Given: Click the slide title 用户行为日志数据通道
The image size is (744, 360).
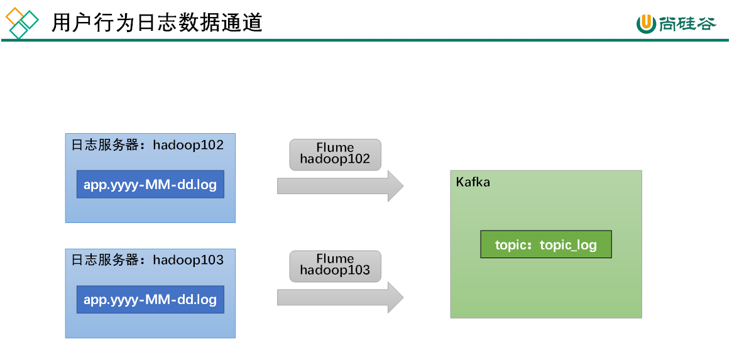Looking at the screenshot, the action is coord(156,22).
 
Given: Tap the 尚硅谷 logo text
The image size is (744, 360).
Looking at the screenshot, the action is coord(687,23).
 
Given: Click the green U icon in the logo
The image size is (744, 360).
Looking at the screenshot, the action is coord(646,24).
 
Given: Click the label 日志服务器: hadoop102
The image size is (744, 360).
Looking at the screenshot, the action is coord(147,145).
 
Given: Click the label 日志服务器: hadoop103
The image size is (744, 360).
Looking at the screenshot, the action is coord(147,260).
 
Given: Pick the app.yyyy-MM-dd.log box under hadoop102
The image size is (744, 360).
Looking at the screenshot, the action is coord(150,184).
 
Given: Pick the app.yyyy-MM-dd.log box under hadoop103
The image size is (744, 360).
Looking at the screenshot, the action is coord(150,299).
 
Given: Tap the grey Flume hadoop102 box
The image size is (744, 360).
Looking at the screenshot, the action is coord(335,155).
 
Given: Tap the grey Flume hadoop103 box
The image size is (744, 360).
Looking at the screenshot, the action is coord(335,266).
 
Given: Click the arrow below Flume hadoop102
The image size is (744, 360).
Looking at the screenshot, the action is coord(340,186).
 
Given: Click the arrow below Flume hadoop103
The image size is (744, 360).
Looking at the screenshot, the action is coord(340,297).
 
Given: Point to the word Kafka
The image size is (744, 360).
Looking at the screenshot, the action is coord(473,182).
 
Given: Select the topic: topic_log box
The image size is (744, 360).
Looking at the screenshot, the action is coord(545,244).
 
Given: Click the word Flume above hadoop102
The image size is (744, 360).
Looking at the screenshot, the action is coord(335,148).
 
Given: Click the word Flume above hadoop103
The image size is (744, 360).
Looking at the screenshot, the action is coord(335,259).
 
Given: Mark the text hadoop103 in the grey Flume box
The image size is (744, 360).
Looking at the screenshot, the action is coord(335,271).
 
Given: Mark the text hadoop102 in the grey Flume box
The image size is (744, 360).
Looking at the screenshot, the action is coord(335,160).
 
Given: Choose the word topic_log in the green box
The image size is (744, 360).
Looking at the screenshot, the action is coord(568,245).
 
